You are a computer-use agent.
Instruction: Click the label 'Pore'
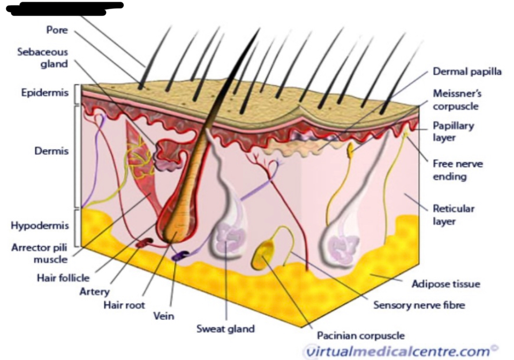[x=57, y=30]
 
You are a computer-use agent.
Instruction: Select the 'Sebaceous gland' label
[x=43, y=58]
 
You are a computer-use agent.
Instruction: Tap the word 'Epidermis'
[x=45, y=93]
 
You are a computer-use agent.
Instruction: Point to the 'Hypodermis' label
[x=39, y=225]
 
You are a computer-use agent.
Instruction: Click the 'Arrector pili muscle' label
[x=40, y=254]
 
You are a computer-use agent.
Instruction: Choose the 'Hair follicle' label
[x=63, y=278]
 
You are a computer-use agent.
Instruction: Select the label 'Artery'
[x=94, y=292]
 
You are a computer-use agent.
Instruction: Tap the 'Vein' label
[x=163, y=316]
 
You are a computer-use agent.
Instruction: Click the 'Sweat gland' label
[x=225, y=328]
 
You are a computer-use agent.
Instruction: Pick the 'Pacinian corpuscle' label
[x=361, y=336]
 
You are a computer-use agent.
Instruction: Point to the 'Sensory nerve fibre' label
[x=419, y=305]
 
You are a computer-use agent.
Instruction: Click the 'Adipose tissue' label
[x=445, y=284]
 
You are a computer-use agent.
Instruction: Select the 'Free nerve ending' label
[x=457, y=170]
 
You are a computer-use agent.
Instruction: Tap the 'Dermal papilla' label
[x=467, y=72]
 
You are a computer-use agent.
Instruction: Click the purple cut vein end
[x=178, y=256]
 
